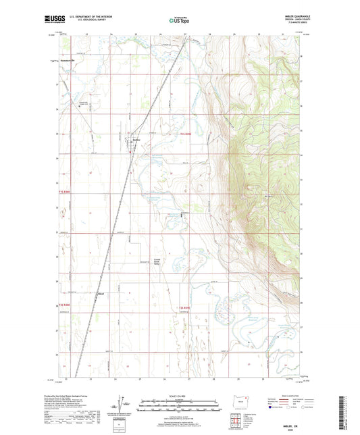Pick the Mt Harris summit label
(270, 197)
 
